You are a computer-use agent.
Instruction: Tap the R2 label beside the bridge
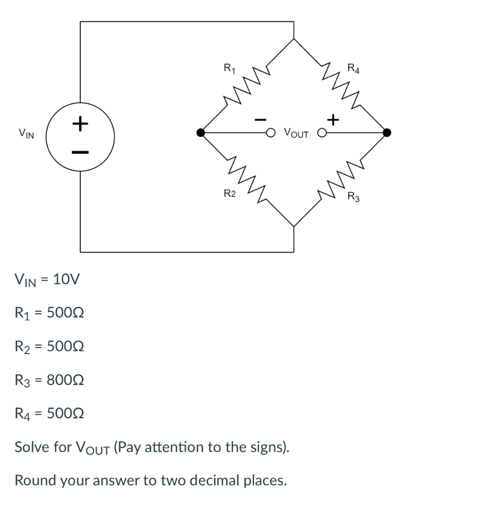[229, 194]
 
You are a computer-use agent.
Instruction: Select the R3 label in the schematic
[354, 197]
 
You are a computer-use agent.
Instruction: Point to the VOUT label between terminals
[296, 133]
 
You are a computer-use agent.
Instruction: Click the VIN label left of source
[26, 133]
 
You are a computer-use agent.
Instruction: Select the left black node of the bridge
[200, 132]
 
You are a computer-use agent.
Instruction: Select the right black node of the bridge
[387, 132]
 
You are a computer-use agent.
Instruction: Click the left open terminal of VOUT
[270, 133]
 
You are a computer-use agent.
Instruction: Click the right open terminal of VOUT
[323, 133]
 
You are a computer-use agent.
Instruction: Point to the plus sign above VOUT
[333, 120]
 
